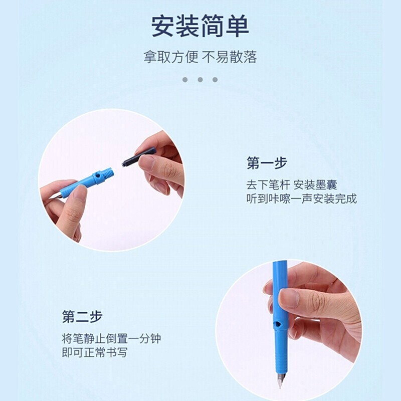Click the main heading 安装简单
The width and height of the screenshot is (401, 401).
[200, 26]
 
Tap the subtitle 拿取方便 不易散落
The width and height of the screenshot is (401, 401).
[200, 57]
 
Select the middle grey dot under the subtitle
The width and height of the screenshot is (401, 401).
[200, 80]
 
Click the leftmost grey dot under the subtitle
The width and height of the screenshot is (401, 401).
[185, 80]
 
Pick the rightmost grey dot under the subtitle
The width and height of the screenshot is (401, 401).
[215, 80]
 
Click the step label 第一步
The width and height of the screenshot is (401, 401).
[267, 163]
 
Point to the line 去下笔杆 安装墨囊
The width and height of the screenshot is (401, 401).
[292, 184]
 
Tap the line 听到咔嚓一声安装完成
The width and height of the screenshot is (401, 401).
[302, 198]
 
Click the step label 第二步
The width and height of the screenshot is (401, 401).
[82, 317]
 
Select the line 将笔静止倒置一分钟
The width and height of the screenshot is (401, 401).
[111, 339]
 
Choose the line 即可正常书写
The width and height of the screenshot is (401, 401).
[94, 352]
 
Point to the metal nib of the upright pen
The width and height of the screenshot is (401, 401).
[281, 380]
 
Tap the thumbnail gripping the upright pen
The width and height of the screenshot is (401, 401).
[289, 298]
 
